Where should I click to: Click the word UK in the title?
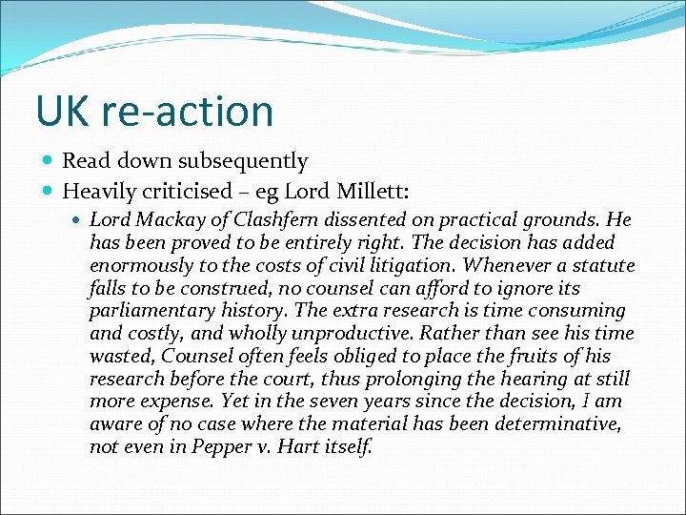(x=59, y=111)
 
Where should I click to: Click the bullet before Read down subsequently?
(x=49, y=161)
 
